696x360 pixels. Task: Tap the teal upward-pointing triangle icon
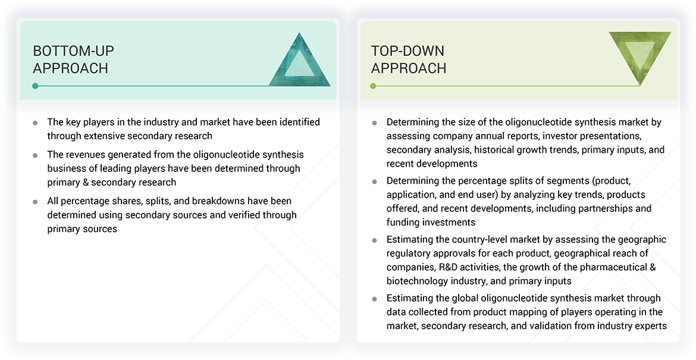coord(299,61)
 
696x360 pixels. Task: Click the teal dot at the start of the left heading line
coord(35,86)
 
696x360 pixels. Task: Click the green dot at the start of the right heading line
coord(373,86)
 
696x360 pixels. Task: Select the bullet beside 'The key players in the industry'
coord(35,123)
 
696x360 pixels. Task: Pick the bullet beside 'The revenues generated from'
coord(35,155)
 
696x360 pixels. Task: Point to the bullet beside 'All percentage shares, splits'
coord(35,202)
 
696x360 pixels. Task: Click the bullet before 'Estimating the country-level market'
coord(374,240)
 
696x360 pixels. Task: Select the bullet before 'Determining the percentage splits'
coord(374,181)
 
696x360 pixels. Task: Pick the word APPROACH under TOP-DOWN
coord(408,68)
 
